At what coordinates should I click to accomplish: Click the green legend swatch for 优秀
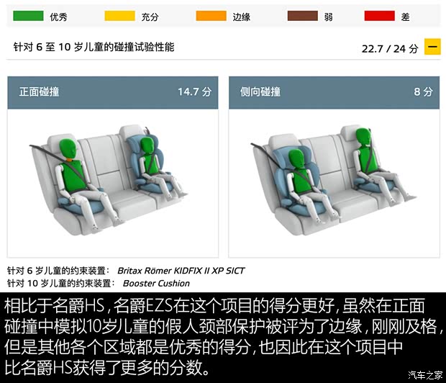(x=29, y=15)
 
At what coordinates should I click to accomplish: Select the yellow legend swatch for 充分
(x=119, y=15)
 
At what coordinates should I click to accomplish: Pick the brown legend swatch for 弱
(x=302, y=15)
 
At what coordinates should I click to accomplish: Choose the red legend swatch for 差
(x=380, y=15)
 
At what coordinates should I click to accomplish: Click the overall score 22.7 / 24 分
(x=389, y=49)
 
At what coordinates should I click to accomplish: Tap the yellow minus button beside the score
(x=432, y=48)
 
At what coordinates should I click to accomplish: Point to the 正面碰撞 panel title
(x=40, y=92)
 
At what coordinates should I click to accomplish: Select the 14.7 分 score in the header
(x=195, y=92)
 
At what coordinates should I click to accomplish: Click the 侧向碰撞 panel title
(x=260, y=92)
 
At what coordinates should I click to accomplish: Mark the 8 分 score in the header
(x=423, y=92)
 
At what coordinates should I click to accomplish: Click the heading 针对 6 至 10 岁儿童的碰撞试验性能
(x=94, y=48)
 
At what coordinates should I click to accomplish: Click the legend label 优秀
(x=58, y=15)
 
